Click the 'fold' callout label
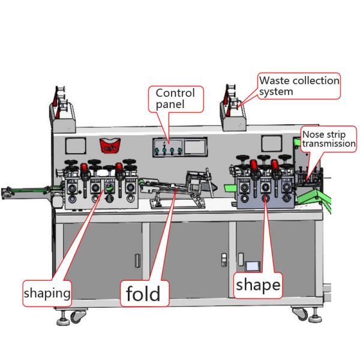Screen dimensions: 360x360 pyautogui.click(x=143, y=294)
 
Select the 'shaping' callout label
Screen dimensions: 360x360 pyautogui.click(x=47, y=293)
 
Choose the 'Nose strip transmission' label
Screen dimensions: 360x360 pyautogui.click(x=328, y=139)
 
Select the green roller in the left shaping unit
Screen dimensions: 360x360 pyautogui.click(x=109, y=188)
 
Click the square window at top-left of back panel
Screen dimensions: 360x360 pyautogui.click(x=75, y=146)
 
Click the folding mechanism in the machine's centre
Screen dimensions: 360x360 pyautogui.click(x=186, y=186)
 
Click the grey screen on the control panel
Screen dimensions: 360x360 pyautogui.click(x=193, y=148)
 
